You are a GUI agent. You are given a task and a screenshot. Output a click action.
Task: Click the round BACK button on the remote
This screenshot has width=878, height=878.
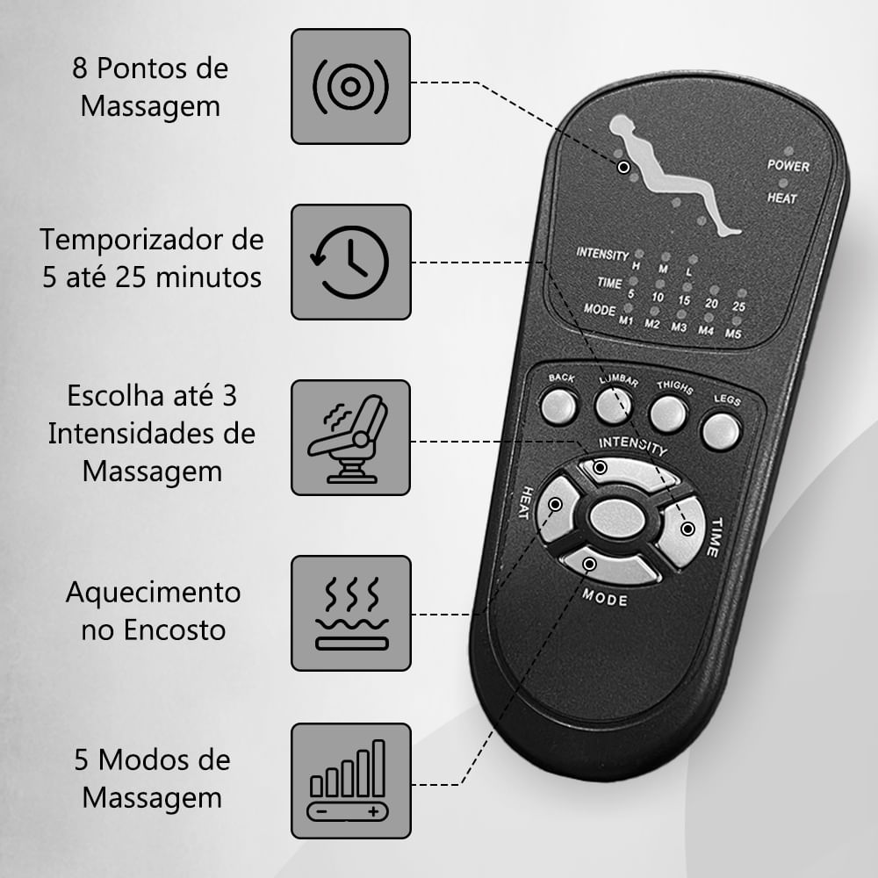(558, 406)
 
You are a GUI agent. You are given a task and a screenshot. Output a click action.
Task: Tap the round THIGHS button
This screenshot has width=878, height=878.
(667, 414)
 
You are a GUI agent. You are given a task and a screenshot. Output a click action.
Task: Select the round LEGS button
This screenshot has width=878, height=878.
(721, 432)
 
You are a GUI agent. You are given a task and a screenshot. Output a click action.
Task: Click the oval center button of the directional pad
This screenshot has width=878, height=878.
(616, 517)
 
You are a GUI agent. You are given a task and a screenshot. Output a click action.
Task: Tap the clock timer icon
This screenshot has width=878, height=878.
(350, 262)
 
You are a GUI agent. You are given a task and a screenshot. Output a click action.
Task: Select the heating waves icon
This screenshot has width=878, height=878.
(352, 613)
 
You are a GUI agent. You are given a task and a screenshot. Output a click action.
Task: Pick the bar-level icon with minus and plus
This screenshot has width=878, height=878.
(348, 781)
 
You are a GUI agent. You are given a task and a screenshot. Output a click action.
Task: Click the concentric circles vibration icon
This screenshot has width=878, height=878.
(350, 87)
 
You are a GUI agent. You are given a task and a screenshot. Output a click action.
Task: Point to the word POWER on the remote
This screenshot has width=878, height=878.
(788, 166)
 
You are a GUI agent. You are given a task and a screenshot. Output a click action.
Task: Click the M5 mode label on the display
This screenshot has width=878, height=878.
(733, 334)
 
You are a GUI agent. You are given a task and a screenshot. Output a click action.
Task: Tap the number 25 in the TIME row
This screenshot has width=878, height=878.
(738, 306)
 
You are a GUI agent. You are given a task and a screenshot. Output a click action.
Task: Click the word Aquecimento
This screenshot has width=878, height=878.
(154, 593)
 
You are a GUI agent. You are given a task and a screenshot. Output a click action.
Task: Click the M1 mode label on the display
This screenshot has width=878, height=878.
(625, 320)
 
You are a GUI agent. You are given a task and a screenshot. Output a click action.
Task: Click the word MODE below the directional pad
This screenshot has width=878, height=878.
(605, 597)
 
